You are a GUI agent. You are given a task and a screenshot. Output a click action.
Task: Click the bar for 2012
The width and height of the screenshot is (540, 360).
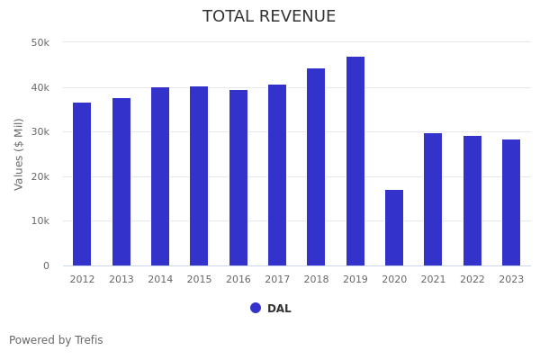(x=82, y=184)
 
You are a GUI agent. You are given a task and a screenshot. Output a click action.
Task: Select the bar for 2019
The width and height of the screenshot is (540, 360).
(x=355, y=161)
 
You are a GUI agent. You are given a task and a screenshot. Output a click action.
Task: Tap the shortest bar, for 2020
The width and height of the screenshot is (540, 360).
(x=394, y=228)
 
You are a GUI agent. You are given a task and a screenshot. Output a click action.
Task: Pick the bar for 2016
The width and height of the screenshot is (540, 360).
(x=238, y=177)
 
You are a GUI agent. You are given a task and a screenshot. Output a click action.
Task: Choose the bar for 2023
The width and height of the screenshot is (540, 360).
(x=511, y=202)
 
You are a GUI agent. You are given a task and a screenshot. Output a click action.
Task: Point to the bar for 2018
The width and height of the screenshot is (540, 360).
(x=316, y=166)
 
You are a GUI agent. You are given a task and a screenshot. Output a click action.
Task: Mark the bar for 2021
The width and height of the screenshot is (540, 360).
(x=433, y=199)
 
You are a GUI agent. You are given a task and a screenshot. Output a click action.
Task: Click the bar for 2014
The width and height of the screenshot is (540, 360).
(x=160, y=176)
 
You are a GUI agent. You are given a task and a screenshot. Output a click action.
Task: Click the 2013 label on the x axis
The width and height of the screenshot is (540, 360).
(x=121, y=279)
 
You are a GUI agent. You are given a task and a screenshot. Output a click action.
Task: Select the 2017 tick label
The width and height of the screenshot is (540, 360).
(x=277, y=279)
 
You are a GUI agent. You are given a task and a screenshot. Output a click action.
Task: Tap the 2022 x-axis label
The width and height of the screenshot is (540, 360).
(x=472, y=279)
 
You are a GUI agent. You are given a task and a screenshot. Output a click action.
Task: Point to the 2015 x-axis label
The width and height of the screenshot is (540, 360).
(x=199, y=279)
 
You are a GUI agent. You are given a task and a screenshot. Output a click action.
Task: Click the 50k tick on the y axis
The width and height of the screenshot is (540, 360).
(x=40, y=43)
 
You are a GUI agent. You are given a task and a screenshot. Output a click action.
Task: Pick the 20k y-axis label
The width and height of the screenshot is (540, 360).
(x=40, y=176)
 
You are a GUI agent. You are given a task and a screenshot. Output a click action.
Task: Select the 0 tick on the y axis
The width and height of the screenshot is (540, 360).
(x=45, y=265)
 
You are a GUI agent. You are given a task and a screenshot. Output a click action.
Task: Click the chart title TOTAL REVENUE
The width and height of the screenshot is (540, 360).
(x=269, y=17)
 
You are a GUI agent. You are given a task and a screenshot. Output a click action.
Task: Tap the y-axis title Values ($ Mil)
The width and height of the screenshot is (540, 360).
(x=19, y=154)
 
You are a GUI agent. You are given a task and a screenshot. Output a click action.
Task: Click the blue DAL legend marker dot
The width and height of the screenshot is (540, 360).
(x=256, y=308)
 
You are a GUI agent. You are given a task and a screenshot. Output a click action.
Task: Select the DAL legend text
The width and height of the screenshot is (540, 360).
(x=279, y=309)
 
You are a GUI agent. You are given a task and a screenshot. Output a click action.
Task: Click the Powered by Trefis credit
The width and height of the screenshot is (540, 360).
(x=56, y=340)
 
